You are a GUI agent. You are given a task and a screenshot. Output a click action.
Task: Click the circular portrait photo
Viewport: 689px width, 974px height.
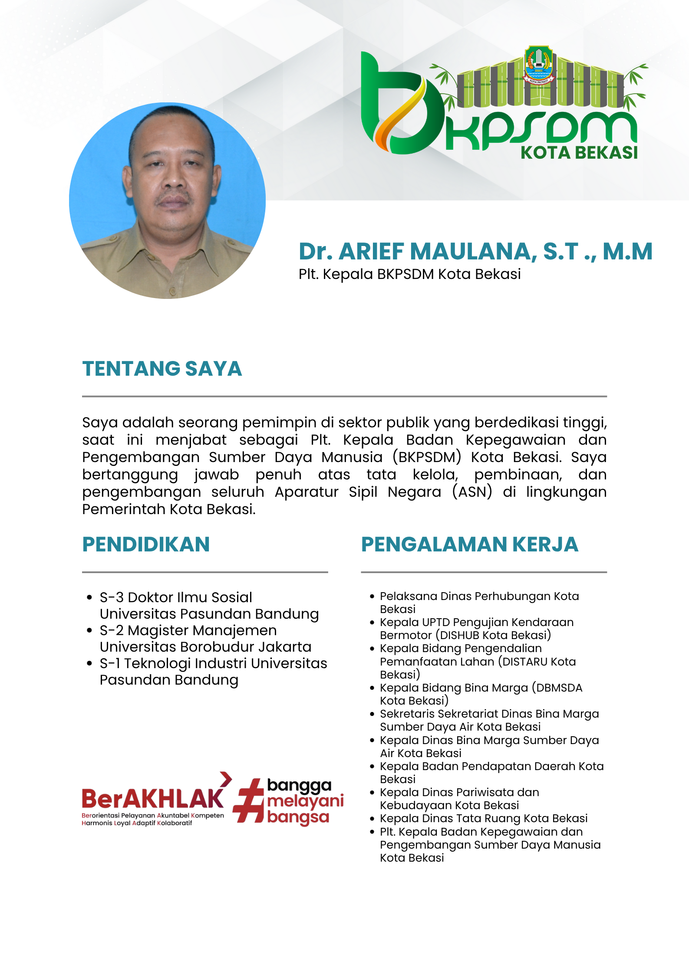[167, 200]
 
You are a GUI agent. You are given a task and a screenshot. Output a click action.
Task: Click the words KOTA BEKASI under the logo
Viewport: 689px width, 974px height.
[579, 153]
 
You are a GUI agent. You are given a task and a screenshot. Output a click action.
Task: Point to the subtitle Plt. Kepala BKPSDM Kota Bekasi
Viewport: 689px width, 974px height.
[409, 274]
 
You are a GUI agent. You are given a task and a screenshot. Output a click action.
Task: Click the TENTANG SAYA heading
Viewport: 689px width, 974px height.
[162, 369]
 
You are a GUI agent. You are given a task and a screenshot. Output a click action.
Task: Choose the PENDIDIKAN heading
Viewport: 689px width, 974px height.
[146, 544]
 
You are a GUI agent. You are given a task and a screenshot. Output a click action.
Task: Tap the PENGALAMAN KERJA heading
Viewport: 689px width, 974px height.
[469, 544]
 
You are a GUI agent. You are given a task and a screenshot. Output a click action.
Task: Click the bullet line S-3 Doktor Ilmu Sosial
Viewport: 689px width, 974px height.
[176, 597]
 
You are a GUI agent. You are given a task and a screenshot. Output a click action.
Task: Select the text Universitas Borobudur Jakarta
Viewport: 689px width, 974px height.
[205, 647]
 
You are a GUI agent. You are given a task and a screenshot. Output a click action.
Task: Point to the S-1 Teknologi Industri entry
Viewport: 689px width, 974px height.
[213, 663]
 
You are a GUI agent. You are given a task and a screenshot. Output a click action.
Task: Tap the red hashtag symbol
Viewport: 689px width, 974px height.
[249, 800]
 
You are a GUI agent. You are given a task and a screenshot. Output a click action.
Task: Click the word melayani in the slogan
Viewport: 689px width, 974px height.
[305, 801]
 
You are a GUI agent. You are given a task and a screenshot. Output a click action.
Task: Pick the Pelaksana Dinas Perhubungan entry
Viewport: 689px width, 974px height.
[479, 596]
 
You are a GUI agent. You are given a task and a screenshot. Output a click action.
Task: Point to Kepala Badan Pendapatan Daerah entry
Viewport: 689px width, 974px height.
[491, 766]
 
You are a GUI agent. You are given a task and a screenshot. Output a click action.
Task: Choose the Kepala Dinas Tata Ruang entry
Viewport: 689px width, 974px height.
[484, 818]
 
